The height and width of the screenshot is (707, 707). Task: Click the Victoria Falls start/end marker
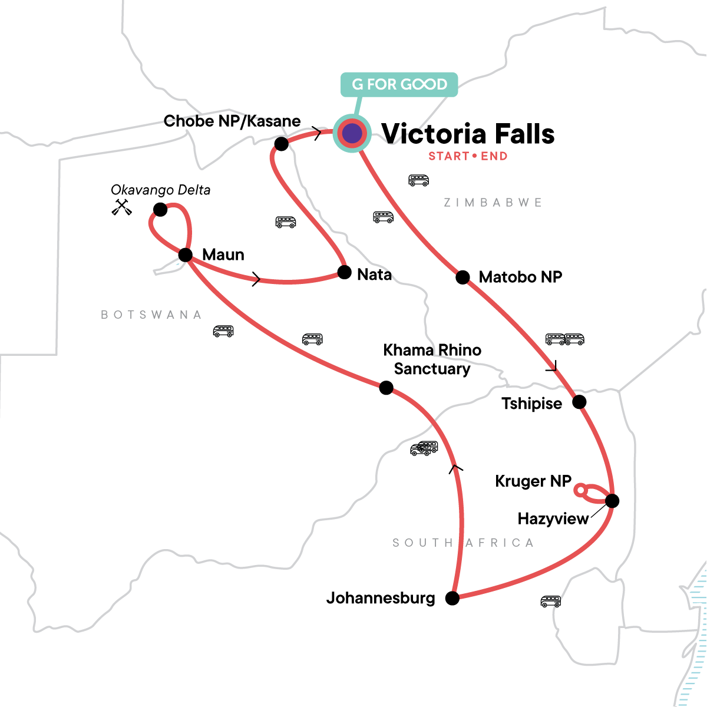click(x=352, y=134)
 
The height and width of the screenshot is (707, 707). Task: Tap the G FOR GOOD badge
click(x=399, y=84)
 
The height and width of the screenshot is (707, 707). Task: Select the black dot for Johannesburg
click(x=452, y=599)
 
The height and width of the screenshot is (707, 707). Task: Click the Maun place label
click(x=223, y=255)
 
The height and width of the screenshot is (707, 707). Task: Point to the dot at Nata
click(x=345, y=272)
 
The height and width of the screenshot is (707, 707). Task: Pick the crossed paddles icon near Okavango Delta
click(x=122, y=207)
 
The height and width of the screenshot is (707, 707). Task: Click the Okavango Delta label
click(x=160, y=190)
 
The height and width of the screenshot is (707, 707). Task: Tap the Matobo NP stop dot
click(x=463, y=277)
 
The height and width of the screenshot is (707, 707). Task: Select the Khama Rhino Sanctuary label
click(x=432, y=359)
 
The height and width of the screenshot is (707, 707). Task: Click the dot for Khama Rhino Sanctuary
click(x=386, y=388)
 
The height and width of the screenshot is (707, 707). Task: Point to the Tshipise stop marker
click(x=580, y=402)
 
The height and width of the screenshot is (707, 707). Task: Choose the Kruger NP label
click(x=533, y=481)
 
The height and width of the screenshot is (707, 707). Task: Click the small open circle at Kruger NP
click(x=580, y=490)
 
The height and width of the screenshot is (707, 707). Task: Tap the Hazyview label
click(x=553, y=518)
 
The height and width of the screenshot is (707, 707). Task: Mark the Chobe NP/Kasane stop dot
click(x=282, y=143)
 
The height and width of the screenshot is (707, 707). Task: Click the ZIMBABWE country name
click(x=493, y=203)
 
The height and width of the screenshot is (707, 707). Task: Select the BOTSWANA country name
click(x=151, y=315)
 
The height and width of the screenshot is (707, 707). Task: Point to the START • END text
click(x=468, y=156)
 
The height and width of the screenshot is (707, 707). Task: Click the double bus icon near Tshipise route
click(x=564, y=339)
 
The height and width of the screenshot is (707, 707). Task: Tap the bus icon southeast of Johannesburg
click(x=550, y=602)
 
